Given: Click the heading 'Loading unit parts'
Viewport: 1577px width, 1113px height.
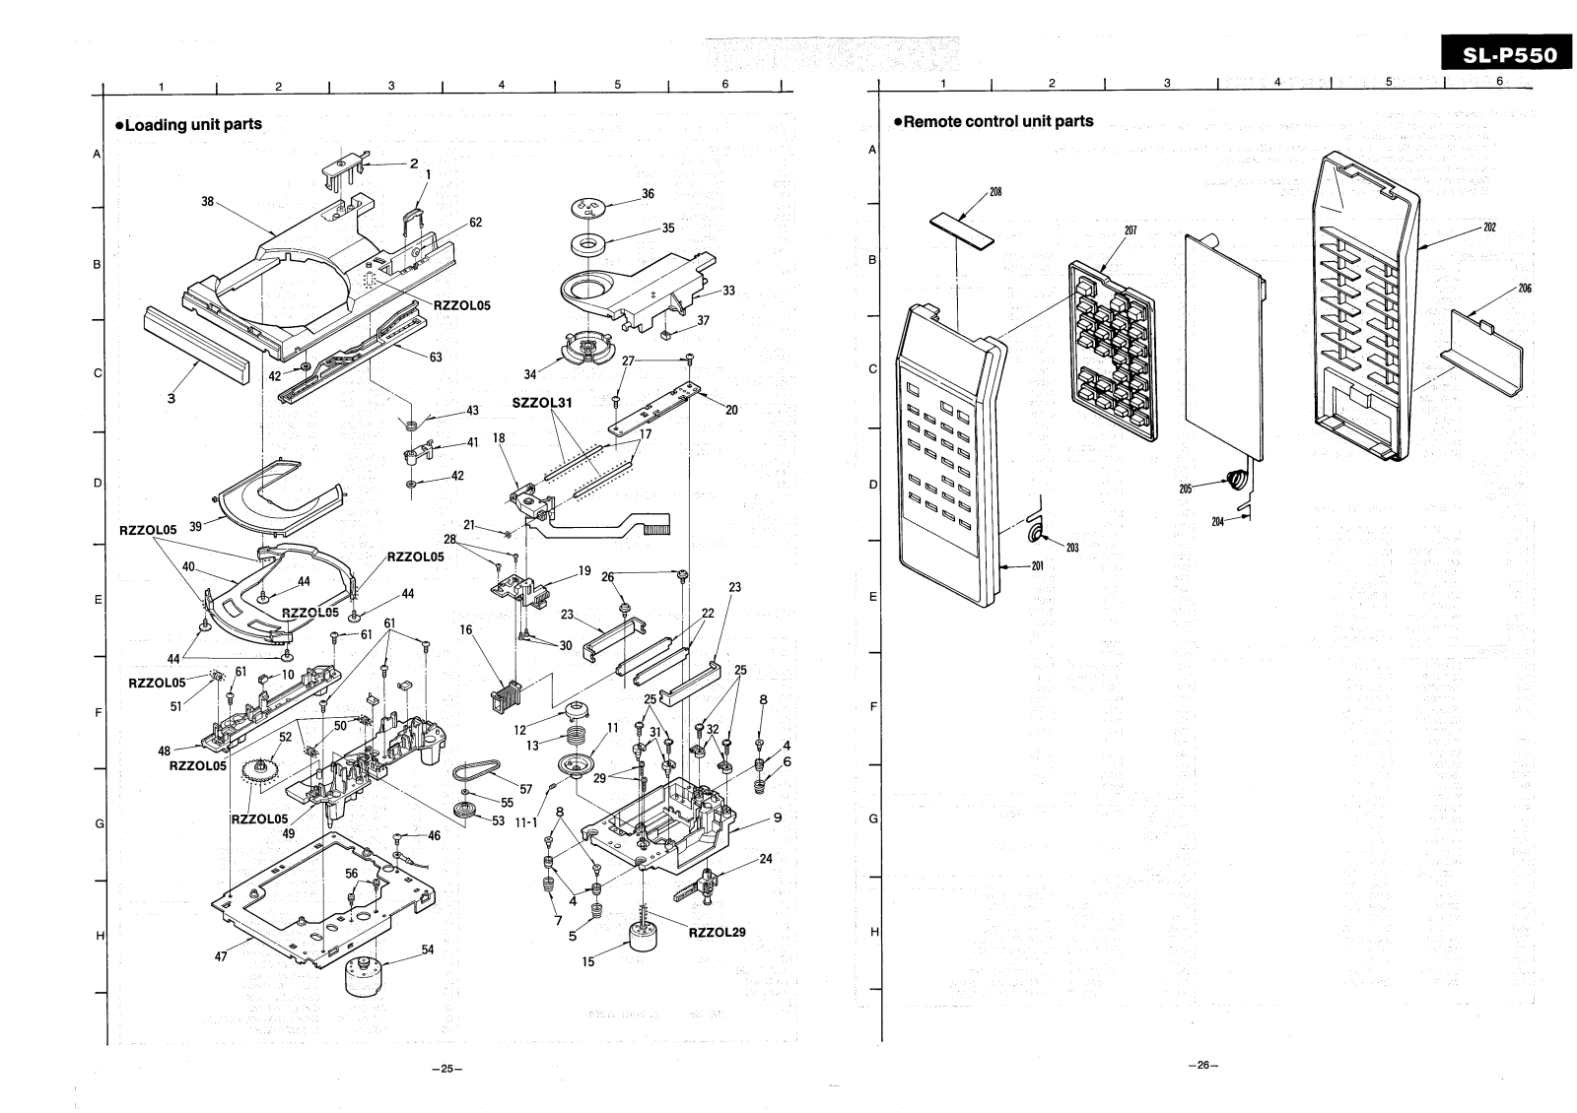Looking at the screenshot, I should [189, 124].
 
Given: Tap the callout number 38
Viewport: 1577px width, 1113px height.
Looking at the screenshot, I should [207, 201].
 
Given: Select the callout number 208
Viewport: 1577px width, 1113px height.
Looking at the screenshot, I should [995, 191].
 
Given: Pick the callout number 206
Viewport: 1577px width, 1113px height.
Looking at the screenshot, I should [1525, 289].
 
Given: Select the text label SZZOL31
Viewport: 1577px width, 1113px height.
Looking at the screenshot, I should [543, 403].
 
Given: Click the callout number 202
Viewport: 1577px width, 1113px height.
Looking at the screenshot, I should [1489, 228].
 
